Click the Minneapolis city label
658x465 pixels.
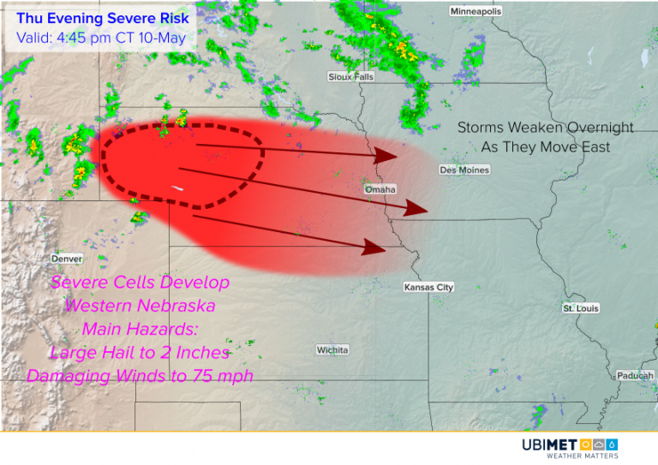(476, 11)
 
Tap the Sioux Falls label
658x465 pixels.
(351, 76)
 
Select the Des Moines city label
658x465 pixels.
(464, 170)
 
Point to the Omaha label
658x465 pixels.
(380, 188)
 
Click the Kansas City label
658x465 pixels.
(428, 288)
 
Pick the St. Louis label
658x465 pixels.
(581, 307)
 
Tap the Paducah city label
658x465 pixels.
(635, 376)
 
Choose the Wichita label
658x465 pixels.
(332, 350)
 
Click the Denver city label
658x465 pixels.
(67, 259)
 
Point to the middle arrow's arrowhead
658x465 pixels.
(416, 208)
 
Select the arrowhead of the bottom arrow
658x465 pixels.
(374, 248)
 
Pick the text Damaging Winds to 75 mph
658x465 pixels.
(140, 375)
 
